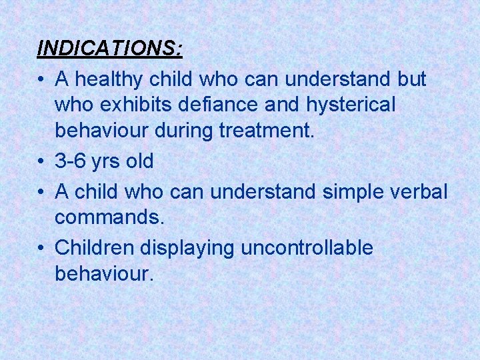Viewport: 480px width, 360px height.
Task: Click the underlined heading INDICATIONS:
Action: coord(110,49)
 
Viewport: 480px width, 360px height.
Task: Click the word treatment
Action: coord(266,131)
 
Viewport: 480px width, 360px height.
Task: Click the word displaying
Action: coord(187,248)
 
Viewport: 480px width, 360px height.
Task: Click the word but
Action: coord(412,80)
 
